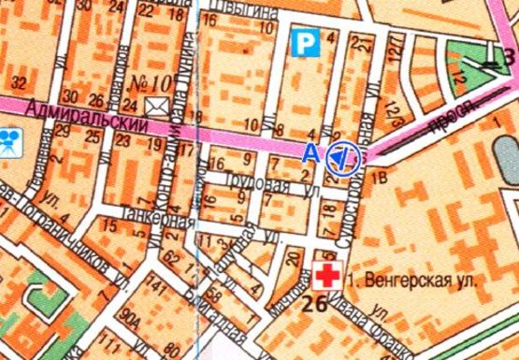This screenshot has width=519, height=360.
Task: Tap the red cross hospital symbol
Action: pos(327,275)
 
